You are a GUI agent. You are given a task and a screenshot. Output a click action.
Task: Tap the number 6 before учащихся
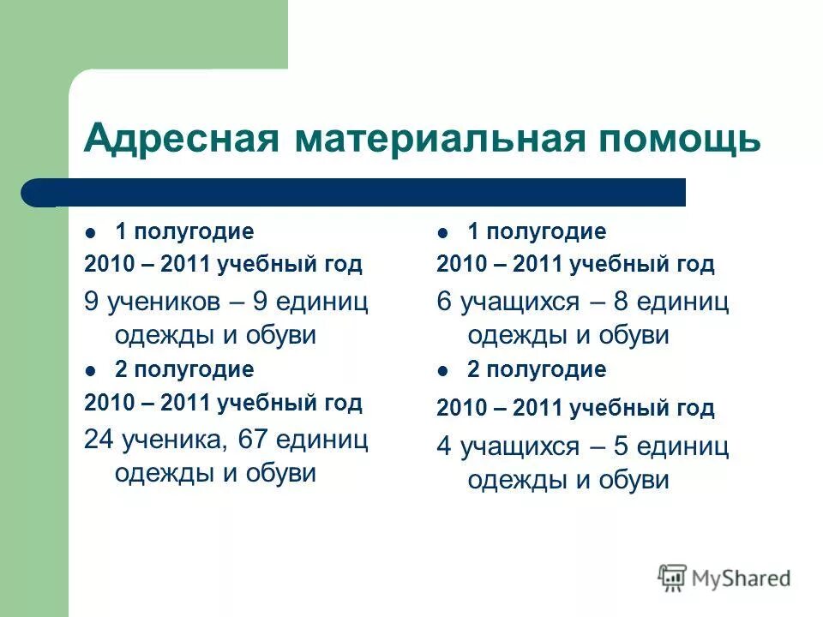(443, 303)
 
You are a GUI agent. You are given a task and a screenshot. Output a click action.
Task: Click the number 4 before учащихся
(443, 447)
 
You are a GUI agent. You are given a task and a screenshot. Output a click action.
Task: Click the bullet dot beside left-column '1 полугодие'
(91, 232)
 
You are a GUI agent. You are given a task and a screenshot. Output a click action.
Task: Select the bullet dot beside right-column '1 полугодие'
(442, 232)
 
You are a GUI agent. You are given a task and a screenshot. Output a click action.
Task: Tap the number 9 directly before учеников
(91, 303)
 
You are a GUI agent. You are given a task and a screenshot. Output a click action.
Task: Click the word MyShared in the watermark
(741, 578)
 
